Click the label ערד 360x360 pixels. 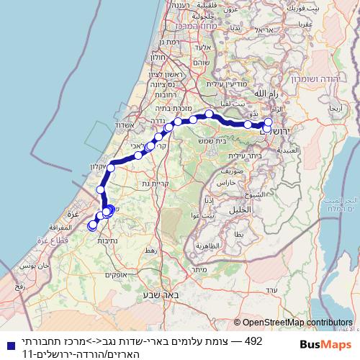point(271,289)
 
